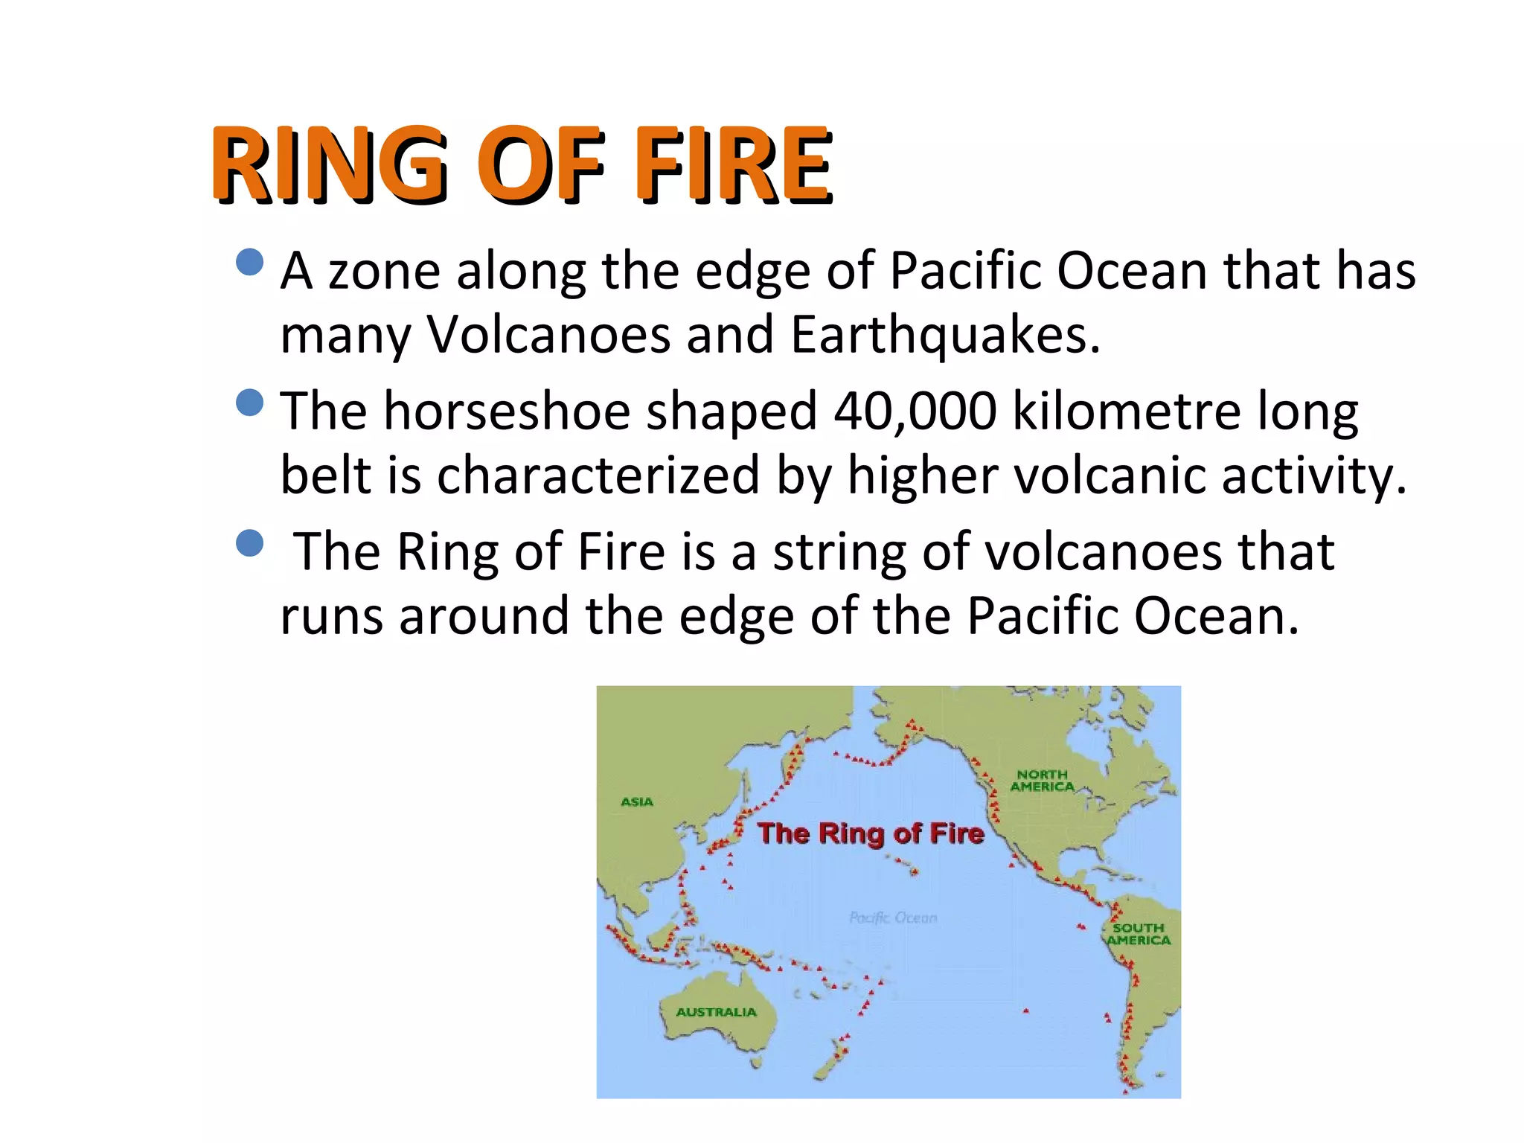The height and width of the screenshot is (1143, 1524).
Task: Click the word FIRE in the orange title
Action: point(732,165)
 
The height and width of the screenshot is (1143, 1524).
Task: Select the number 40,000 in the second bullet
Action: point(915,412)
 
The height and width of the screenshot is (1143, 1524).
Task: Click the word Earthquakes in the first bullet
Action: point(944,336)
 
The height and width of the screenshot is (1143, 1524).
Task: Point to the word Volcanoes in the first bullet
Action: point(548,336)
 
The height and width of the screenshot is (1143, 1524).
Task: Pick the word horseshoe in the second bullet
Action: point(507,412)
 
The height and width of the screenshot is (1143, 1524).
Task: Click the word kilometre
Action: point(1127,412)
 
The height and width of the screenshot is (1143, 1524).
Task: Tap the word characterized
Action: point(598,476)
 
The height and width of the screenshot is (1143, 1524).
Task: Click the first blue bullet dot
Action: point(249,262)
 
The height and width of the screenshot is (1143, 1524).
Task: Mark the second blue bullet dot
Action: point(249,403)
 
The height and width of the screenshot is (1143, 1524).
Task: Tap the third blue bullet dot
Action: point(249,543)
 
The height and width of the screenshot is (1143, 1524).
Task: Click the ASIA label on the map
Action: point(637,802)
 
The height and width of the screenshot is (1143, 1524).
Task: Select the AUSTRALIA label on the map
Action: point(716,1012)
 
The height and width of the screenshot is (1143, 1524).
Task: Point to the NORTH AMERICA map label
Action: point(1043,781)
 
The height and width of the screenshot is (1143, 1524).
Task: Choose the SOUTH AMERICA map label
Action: point(1138,934)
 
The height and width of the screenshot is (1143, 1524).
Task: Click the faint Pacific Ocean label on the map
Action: point(893,918)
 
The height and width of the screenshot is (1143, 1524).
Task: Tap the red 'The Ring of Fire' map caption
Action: point(871,833)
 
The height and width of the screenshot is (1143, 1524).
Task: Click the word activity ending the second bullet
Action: point(1313,476)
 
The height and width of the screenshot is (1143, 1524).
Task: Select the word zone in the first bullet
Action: point(384,271)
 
